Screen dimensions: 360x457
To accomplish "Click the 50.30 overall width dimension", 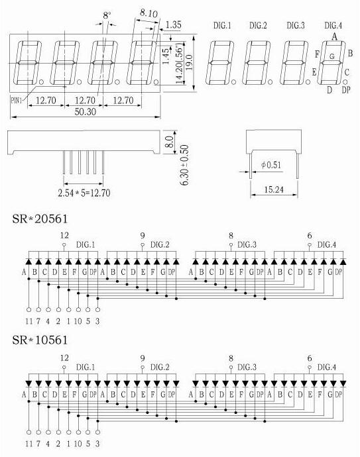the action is (x=85, y=112).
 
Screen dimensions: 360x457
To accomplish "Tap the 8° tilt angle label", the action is (x=107, y=15).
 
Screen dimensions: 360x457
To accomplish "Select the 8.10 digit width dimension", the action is (x=149, y=13).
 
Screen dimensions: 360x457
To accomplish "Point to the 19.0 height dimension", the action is (x=189, y=62).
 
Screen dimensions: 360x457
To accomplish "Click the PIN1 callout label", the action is (x=17, y=101).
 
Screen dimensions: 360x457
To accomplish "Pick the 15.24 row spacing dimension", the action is (x=274, y=189).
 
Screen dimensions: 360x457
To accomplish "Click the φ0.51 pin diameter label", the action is (x=271, y=165).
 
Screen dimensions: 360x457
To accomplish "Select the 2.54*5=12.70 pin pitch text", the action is (x=84, y=193).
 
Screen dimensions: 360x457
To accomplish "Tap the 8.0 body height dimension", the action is (x=170, y=142).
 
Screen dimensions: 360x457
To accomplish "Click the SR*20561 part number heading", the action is (x=40, y=219).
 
